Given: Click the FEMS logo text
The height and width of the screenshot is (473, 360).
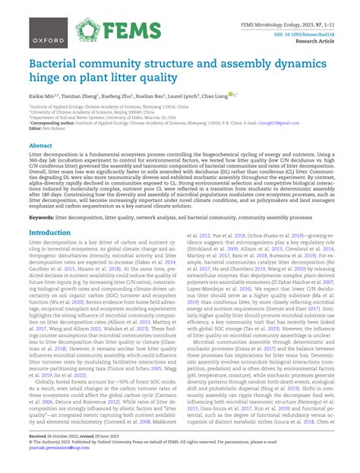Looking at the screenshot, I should [x=139, y=30].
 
